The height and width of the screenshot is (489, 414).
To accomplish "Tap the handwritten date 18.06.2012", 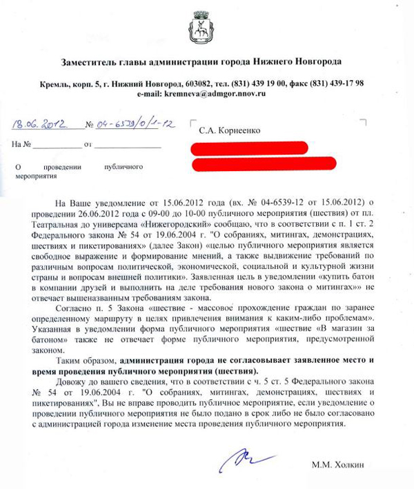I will [x=39, y=126].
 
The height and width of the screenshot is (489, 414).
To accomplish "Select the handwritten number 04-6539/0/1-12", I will [x=134, y=125].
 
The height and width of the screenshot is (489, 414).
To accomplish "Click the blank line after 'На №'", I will [x=57, y=146].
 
